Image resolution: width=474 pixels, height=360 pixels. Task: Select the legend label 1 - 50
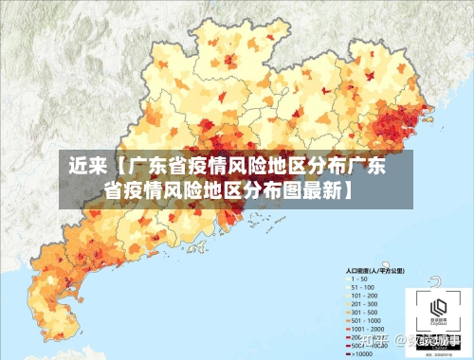[x=360, y=279]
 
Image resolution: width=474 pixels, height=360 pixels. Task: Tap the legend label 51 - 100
[x=362, y=287]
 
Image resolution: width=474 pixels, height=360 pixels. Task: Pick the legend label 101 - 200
[x=364, y=296]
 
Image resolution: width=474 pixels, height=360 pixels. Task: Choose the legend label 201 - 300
[x=364, y=304]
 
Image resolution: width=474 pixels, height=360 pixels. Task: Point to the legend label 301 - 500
[x=364, y=313]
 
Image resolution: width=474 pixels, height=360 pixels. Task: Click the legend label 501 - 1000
[x=366, y=321]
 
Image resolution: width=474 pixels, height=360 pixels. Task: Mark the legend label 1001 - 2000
[x=368, y=330]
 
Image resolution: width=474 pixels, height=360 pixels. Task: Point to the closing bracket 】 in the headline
[x=349, y=189]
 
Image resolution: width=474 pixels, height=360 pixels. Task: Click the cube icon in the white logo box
[x=437, y=307]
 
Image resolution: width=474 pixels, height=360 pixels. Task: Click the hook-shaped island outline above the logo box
[x=435, y=280]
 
